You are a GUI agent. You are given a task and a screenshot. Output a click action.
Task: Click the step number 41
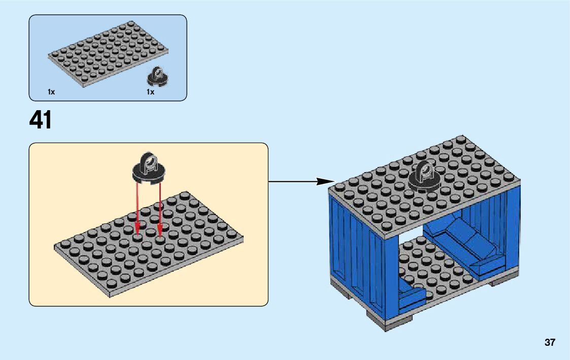point(41,121)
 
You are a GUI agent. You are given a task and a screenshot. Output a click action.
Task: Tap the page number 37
point(550,343)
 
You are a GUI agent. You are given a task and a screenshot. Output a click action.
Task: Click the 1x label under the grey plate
point(51,92)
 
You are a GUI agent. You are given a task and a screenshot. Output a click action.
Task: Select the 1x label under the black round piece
point(150,92)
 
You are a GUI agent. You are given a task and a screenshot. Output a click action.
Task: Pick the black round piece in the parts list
point(156,77)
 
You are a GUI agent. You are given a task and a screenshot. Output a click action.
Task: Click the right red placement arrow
point(160,208)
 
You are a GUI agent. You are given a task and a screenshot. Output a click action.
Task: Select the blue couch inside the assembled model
point(462,244)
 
